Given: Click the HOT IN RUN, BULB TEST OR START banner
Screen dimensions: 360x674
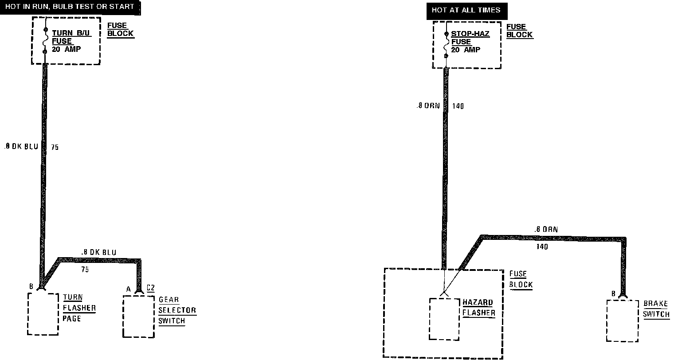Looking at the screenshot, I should pyautogui.click(x=70, y=7).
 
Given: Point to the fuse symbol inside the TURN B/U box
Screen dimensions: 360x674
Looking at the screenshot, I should pyautogui.click(x=45, y=41).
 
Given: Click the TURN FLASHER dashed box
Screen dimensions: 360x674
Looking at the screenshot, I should pyautogui.click(x=43, y=314).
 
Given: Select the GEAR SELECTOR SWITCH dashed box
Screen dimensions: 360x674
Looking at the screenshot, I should pyautogui.click(x=138, y=317).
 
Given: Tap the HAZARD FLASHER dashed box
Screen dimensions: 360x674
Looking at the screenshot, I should pyautogui.click(x=444, y=319).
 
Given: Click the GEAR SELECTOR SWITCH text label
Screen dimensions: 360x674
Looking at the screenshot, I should pyautogui.click(x=176, y=310).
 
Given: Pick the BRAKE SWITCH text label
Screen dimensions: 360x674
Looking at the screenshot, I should pyautogui.click(x=656, y=309).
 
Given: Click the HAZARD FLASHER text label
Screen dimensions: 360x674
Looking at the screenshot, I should pyautogui.click(x=478, y=308).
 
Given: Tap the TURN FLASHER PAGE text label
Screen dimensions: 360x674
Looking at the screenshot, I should pyautogui.click(x=79, y=308).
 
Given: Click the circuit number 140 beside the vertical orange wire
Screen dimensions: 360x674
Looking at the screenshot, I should pyautogui.click(x=458, y=106).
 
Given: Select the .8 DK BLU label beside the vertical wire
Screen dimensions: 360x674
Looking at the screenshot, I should pyautogui.click(x=21, y=147).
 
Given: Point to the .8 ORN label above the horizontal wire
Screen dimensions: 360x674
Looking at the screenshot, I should pyautogui.click(x=546, y=230).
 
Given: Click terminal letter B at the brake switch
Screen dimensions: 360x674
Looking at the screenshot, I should pyautogui.click(x=613, y=293).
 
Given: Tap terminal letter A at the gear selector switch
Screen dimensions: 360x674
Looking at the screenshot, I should pyautogui.click(x=129, y=289).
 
